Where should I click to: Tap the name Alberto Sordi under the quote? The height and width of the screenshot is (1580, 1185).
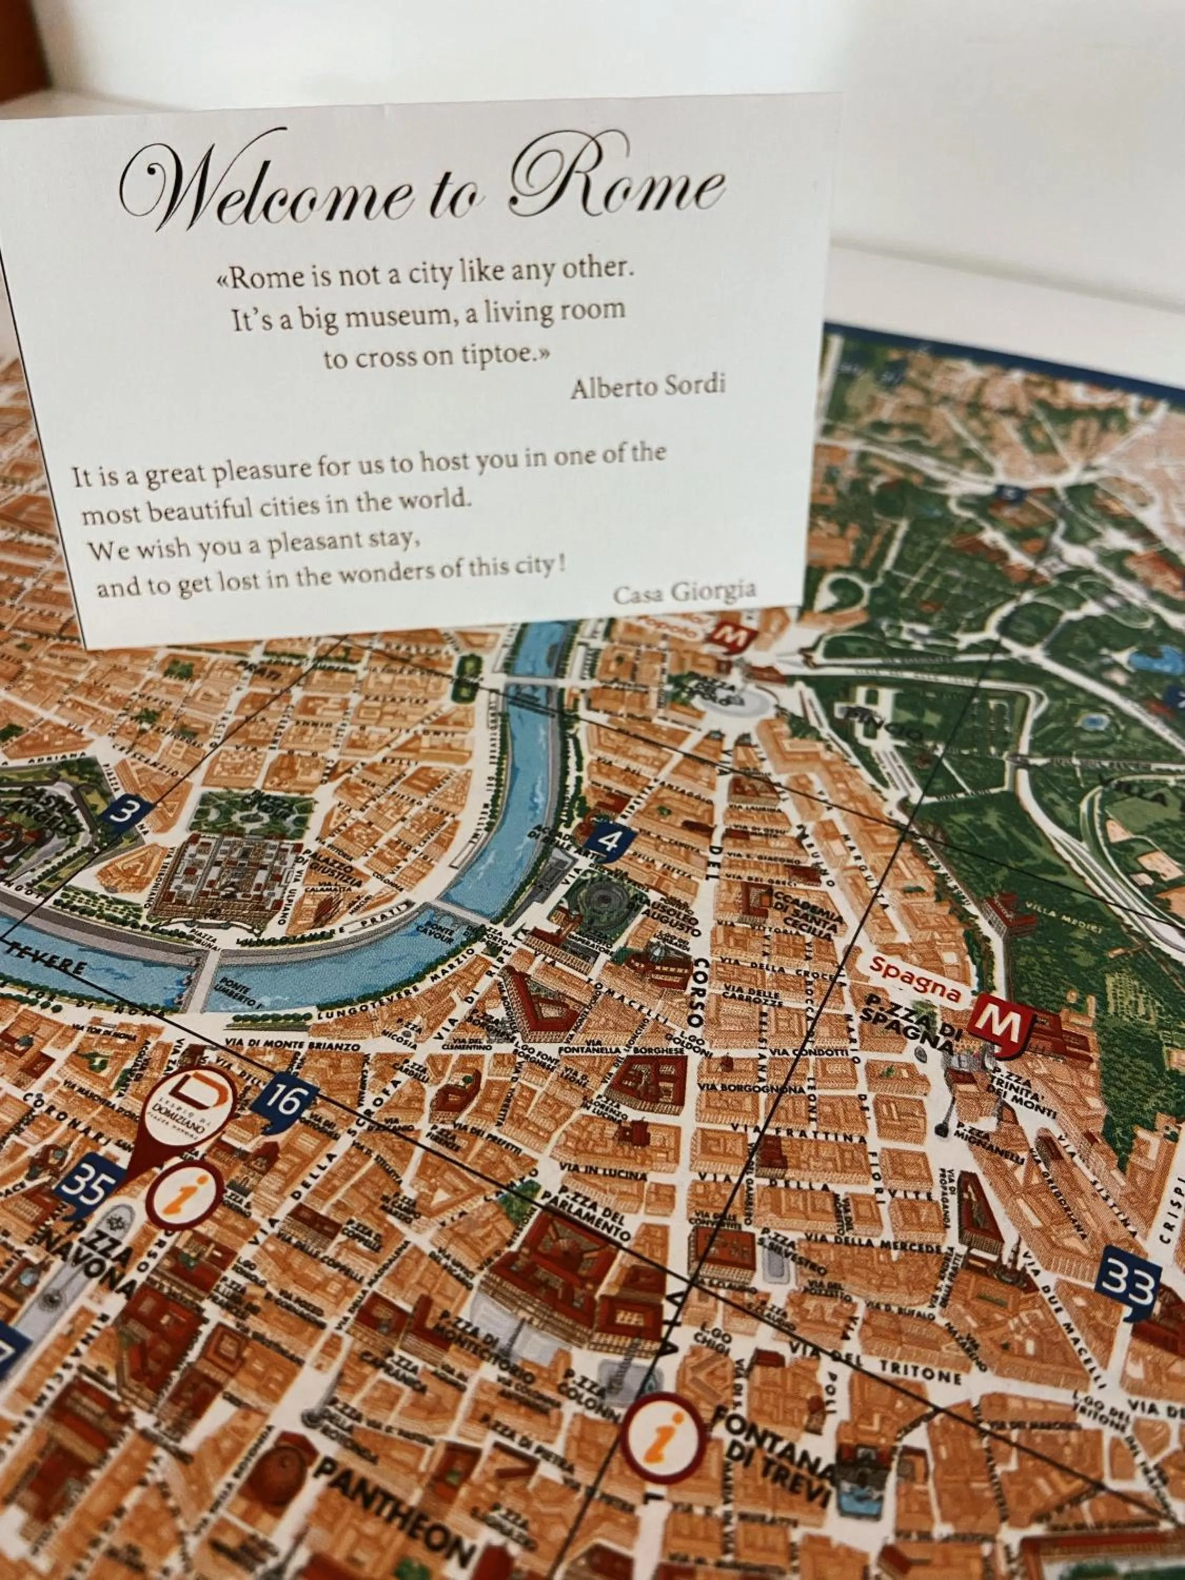tap(648, 387)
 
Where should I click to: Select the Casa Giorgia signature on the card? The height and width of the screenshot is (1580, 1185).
tap(684, 591)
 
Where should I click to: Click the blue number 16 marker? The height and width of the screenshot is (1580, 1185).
tap(285, 1101)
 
